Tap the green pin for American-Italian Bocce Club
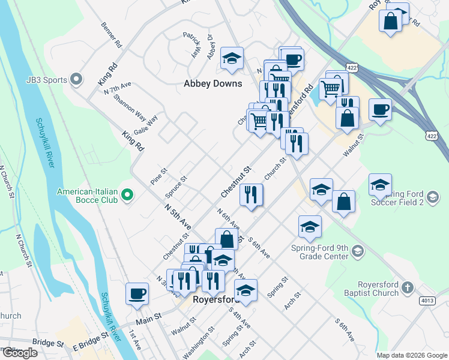pyautogui.click(x=127, y=194)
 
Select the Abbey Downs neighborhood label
pyautogui.click(x=212, y=84)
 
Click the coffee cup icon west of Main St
pyautogui.click(x=137, y=293)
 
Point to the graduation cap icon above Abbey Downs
pyautogui.click(x=232, y=58)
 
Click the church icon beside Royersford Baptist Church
pyautogui.click(x=408, y=287)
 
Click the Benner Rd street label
pyautogui.click(x=112, y=35)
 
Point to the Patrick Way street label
pyautogui.click(x=191, y=45)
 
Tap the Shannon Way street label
pyautogui.click(x=129, y=106)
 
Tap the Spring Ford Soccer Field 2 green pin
pyautogui.click(x=432, y=196)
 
